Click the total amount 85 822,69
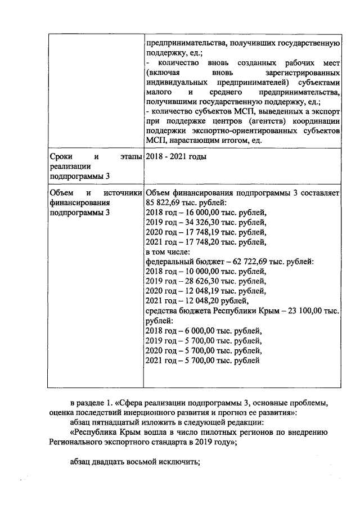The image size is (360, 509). click(164, 202)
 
